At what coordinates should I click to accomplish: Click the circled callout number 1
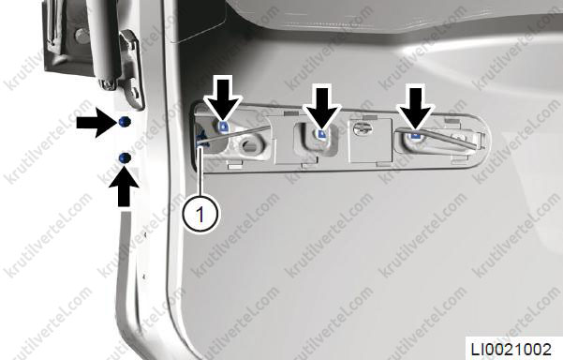[200, 215]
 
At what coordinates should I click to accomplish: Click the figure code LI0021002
[511, 349]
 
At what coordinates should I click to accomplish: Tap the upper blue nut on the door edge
[125, 122]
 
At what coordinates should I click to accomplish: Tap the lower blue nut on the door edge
[125, 157]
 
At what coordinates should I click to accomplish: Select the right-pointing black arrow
[97, 123]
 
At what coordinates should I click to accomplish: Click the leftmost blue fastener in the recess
[223, 127]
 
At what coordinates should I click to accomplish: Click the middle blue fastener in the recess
[321, 134]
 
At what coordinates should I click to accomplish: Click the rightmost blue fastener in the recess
[416, 135]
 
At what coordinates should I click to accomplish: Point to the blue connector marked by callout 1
[201, 140]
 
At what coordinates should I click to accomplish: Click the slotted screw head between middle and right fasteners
[363, 127]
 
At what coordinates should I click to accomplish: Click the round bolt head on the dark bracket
[81, 36]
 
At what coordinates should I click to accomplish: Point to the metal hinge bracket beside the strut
[131, 68]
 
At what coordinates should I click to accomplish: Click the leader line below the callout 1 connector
[200, 172]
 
